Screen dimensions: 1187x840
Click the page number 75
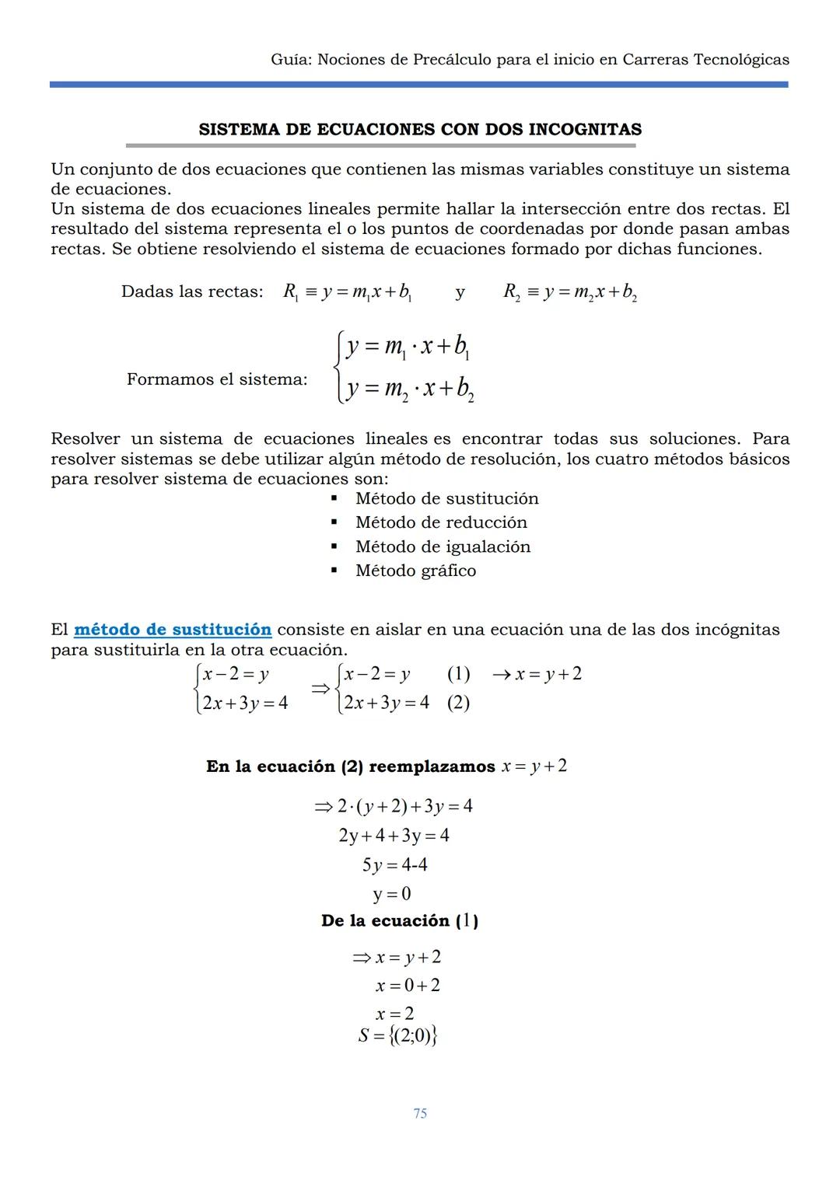[420, 1113]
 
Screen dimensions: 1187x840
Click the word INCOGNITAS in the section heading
[585, 129]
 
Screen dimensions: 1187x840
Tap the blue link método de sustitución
[173, 629]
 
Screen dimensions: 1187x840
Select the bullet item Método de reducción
[441, 522]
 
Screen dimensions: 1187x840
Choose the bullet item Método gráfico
[415, 571]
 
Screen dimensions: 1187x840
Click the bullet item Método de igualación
[443, 546]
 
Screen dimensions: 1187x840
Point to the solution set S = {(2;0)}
[397, 1035]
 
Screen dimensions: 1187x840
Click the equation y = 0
[392, 894]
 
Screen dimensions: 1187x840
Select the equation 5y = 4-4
[394, 864]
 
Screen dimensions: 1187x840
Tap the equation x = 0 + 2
[407, 985]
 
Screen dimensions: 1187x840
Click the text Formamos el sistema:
[217, 379]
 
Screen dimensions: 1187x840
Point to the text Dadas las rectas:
[192, 292]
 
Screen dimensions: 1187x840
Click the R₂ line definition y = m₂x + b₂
[571, 292]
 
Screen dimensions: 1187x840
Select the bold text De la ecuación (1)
[400, 921]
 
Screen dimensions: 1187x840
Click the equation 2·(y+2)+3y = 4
[394, 806]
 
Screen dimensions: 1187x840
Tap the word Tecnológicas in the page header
[734, 59]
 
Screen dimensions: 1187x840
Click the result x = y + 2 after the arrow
[548, 674]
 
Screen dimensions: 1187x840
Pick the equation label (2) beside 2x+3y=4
[458, 703]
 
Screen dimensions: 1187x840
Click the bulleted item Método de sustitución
[446, 498]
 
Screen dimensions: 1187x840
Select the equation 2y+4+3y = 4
[394, 836]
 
